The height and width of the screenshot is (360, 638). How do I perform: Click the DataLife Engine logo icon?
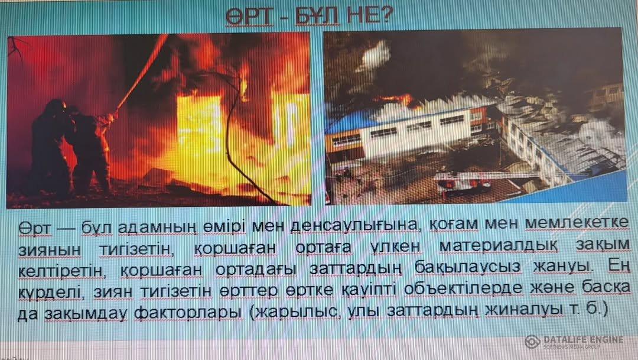point(532,341)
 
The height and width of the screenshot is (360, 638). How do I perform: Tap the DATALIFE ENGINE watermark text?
point(583,339)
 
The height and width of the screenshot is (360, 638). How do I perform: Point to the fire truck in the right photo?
point(464,184)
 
